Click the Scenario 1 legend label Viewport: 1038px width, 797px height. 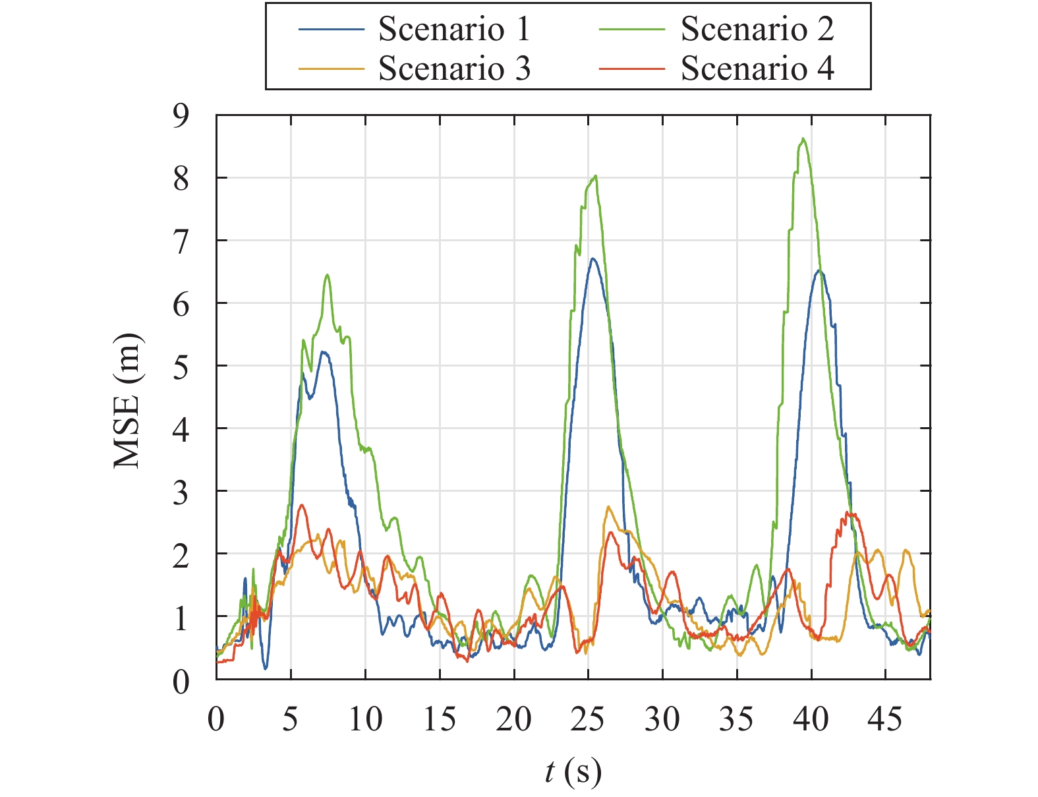click(454, 29)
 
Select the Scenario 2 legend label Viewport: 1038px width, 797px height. click(757, 29)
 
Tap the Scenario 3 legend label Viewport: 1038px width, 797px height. click(454, 69)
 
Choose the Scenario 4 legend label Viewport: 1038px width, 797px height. click(757, 69)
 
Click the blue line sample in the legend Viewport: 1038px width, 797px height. click(331, 30)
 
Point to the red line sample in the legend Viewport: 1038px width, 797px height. click(633, 69)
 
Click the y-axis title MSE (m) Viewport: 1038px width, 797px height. click(128, 401)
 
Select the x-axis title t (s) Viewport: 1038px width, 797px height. click(573, 771)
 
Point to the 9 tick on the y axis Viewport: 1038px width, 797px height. click(180, 116)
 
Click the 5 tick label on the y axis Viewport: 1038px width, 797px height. click(180, 367)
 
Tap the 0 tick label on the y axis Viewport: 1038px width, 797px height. click(180, 682)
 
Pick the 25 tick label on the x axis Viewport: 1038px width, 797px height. click(587, 718)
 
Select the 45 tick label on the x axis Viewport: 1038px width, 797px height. click(884, 718)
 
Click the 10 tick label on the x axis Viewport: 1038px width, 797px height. click(365, 718)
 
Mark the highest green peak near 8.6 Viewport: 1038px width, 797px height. click(803, 138)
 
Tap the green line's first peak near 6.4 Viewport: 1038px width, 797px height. click(327, 275)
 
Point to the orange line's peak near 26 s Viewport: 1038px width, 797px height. click(608, 507)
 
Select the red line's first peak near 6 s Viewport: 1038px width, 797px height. click(302, 505)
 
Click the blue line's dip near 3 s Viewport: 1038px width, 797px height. click(266, 668)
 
